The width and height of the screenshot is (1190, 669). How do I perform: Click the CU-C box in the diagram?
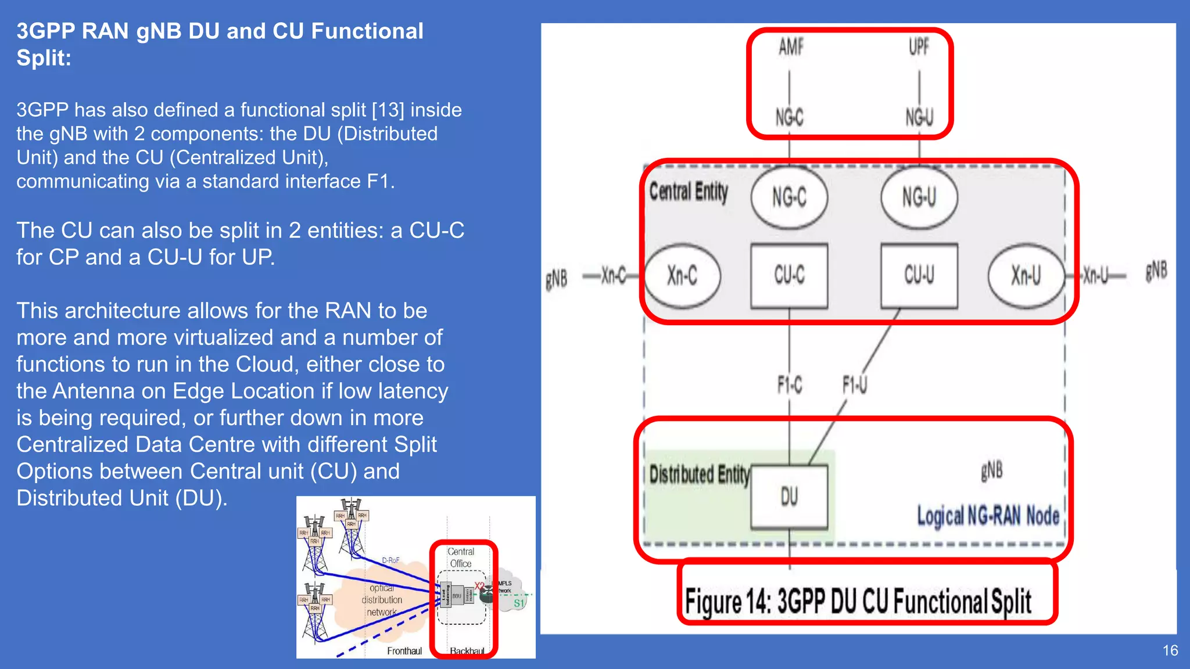[x=788, y=275]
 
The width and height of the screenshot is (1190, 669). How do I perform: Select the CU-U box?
[x=919, y=275]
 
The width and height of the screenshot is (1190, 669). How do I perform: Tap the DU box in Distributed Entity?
[x=788, y=497]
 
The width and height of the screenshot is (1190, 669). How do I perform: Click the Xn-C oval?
[x=682, y=275]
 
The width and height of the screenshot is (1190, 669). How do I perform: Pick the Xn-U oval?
[x=1026, y=275]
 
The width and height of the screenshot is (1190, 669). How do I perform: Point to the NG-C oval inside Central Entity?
[x=788, y=197]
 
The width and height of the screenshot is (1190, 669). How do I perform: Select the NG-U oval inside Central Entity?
[x=919, y=197]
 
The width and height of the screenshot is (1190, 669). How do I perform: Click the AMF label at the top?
[x=791, y=47]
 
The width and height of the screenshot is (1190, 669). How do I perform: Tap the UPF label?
[x=919, y=47]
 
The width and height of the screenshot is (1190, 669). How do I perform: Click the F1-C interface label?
[x=789, y=384]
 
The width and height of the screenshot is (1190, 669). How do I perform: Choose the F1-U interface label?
[x=854, y=384]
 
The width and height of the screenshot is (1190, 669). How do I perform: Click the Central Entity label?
[x=688, y=192]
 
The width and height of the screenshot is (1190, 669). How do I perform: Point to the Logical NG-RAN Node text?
[x=988, y=516]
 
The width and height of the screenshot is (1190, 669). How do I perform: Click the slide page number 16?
[x=1170, y=650]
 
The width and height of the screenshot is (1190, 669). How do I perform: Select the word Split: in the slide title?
[x=44, y=58]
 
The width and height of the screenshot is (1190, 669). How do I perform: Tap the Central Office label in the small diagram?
[x=461, y=557]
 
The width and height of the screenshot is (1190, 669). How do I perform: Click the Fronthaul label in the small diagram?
[x=404, y=651]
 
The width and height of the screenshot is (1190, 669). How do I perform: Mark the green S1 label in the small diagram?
[x=519, y=603]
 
